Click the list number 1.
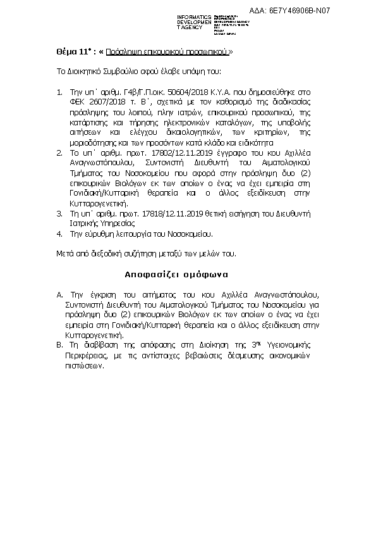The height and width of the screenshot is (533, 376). (x=59, y=92)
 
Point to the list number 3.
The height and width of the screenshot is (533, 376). (x=59, y=214)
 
